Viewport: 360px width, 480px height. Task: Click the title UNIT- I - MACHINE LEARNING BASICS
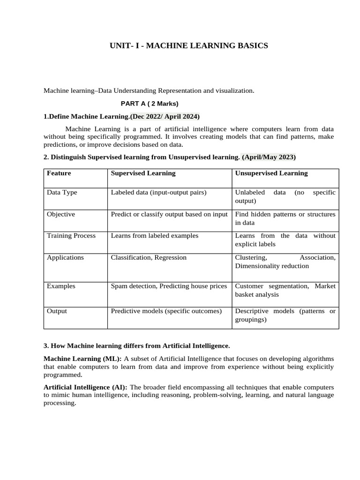(x=188, y=45)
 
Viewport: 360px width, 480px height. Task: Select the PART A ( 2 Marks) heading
(x=150, y=104)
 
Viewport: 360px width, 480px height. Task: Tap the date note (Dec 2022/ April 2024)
(x=165, y=116)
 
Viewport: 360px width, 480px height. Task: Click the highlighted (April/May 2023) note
(x=269, y=157)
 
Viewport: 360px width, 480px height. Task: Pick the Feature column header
(x=59, y=173)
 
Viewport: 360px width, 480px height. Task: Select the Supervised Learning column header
(x=143, y=173)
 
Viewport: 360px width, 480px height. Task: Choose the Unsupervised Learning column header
(x=271, y=173)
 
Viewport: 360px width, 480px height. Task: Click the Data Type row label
(x=62, y=193)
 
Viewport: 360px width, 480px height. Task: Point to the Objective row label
(x=61, y=214)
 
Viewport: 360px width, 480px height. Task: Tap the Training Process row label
(x=71, y=236)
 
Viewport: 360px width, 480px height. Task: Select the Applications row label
(x=65, y=257)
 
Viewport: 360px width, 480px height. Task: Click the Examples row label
(x=61, y=286)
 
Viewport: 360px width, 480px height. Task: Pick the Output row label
(x=57, y=311)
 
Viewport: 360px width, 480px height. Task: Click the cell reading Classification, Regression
(x=149, y=257)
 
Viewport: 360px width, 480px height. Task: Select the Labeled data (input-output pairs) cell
(x=158, y=193)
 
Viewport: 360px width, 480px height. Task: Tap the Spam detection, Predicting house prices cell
(x=169, y=286)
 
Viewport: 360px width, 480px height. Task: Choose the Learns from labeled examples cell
(x=155, y=236)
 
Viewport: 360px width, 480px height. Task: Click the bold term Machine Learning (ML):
(x=82, y=359)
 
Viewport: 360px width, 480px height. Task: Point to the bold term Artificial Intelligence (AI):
(x=86, y=388)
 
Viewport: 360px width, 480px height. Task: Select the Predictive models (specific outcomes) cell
(x=166, y=311)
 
